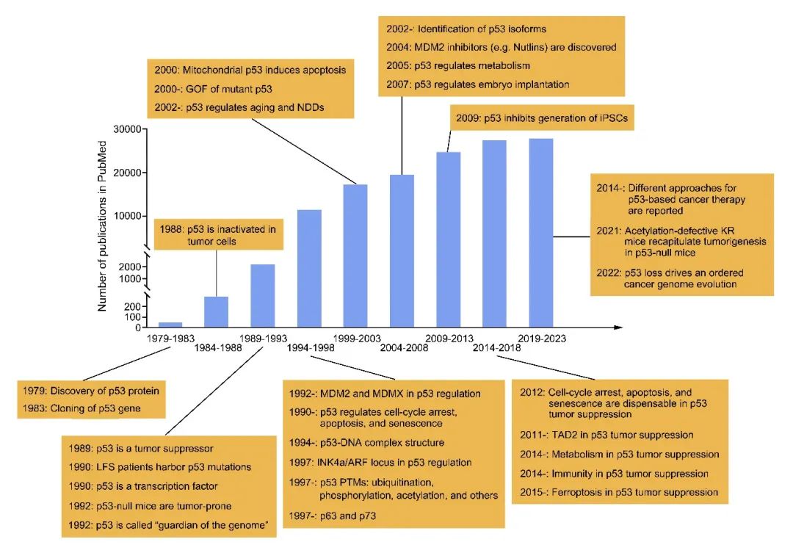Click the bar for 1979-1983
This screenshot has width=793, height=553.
click(170, 324)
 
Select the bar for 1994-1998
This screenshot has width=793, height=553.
click(309, 268)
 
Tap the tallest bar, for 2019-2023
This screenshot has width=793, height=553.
click(541, 232)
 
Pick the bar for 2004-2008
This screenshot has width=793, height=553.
click(402, 250)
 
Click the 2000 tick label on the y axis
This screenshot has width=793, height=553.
click(128, 267)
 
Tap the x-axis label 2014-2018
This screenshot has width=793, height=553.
click(496, 347)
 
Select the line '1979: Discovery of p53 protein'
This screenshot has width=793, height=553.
click(92, 390)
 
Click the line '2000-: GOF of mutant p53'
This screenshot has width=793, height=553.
click(206, 89)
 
